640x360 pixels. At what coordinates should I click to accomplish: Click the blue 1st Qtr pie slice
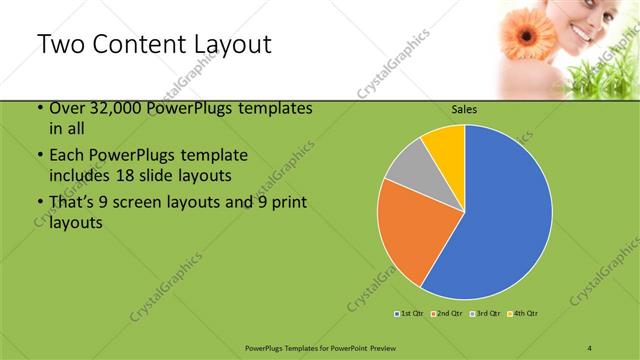[x=500, y=215]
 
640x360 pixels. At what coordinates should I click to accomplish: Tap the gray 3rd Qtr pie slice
[x=408, y=165]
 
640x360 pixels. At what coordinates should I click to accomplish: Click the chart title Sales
[x=465, y=108]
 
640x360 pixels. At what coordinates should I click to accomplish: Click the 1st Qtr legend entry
[x=411, y=314]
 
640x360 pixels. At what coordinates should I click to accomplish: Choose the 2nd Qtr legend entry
[x=447, y=314]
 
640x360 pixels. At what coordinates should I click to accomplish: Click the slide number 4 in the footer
[x=590, y=347]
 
